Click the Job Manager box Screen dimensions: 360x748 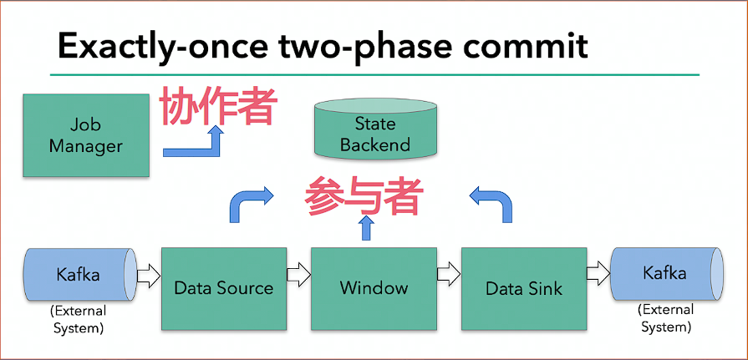point(85,135)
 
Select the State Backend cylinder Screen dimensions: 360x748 point(375,131)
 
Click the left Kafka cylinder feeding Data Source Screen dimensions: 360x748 point(79,273)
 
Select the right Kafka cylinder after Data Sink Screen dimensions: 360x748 point(666,273)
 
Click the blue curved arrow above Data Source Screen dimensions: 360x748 point(249,204)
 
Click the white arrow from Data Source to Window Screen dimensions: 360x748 point(298,273)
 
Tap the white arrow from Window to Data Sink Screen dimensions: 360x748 point(449,273)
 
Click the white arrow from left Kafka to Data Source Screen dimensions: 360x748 point(147,273)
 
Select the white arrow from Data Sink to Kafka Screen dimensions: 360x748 point(598,273)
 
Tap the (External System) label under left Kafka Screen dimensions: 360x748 point(79,320)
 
